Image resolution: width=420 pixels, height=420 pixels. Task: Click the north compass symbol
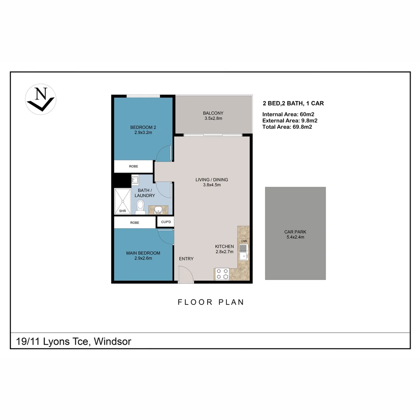[x=41, y=99]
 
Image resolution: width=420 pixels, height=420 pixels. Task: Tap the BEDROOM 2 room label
[x=140, y=129]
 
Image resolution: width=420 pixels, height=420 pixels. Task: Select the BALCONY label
[x=213, y=115]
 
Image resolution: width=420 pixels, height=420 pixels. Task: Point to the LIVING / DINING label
[x=212, y=182]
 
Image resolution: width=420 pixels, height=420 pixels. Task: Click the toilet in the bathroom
[x=140, y=207]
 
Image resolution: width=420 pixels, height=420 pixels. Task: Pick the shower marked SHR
[x=122, y=201]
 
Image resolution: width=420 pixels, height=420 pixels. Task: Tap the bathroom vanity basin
[x=158, y=210]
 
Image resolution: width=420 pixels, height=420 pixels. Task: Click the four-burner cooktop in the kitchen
[x=222, y=274]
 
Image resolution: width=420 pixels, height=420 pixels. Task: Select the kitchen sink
[x=243, y=253]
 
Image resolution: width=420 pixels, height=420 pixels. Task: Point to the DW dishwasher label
[x=244, y=241]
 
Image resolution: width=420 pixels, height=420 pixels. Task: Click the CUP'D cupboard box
[x=165, y=222]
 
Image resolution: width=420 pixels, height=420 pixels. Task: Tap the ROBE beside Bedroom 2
[x=133, y=166]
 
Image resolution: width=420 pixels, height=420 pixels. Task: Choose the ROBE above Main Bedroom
[x=135, y=223]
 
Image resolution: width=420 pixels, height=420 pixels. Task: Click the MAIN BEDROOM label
[x=143, y=255]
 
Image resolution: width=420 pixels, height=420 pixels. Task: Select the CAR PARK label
[x=295, y=234]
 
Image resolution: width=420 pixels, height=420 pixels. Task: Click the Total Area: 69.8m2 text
[x=287, y=127]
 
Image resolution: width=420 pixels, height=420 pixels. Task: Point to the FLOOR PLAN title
[x=211, y=302]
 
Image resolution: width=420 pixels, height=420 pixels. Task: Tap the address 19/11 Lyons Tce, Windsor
[x=74, y=341]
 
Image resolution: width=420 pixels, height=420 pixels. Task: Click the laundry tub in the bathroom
[x=135, y=180]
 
